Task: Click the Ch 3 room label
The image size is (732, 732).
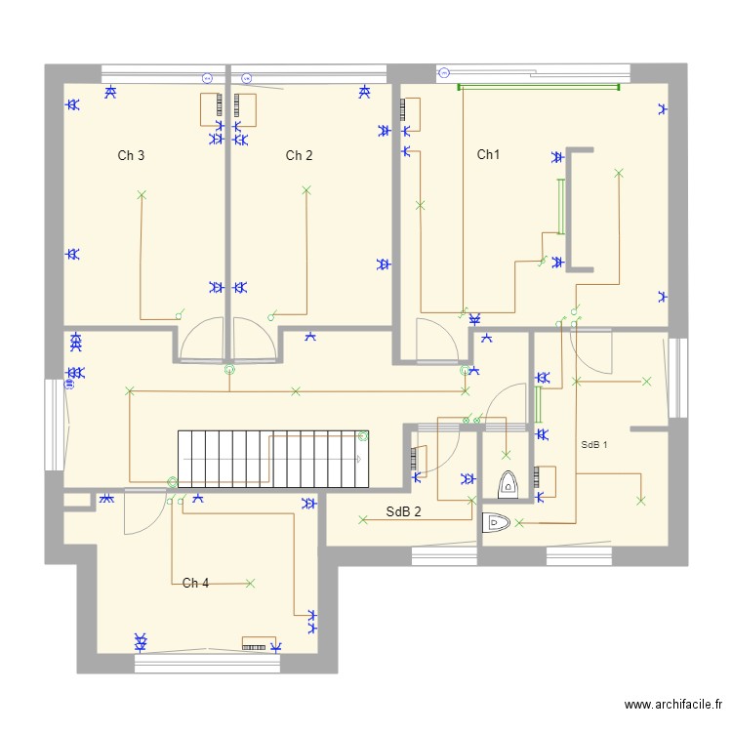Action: (132, 155)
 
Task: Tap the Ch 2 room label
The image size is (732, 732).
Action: (299, 155)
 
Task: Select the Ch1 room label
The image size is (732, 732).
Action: (488, 154)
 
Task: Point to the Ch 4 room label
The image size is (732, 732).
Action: (195, 583)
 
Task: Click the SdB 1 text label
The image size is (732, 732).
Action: (593, 445)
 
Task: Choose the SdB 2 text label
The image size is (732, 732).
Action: (403, 511)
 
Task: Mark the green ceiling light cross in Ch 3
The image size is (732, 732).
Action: (141, 195)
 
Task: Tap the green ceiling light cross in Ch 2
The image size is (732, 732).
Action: (306, 190)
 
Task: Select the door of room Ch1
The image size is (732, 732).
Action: (433, 340)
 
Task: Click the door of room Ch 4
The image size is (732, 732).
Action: (142, 512)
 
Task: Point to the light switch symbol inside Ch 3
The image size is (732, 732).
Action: (179, 314)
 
